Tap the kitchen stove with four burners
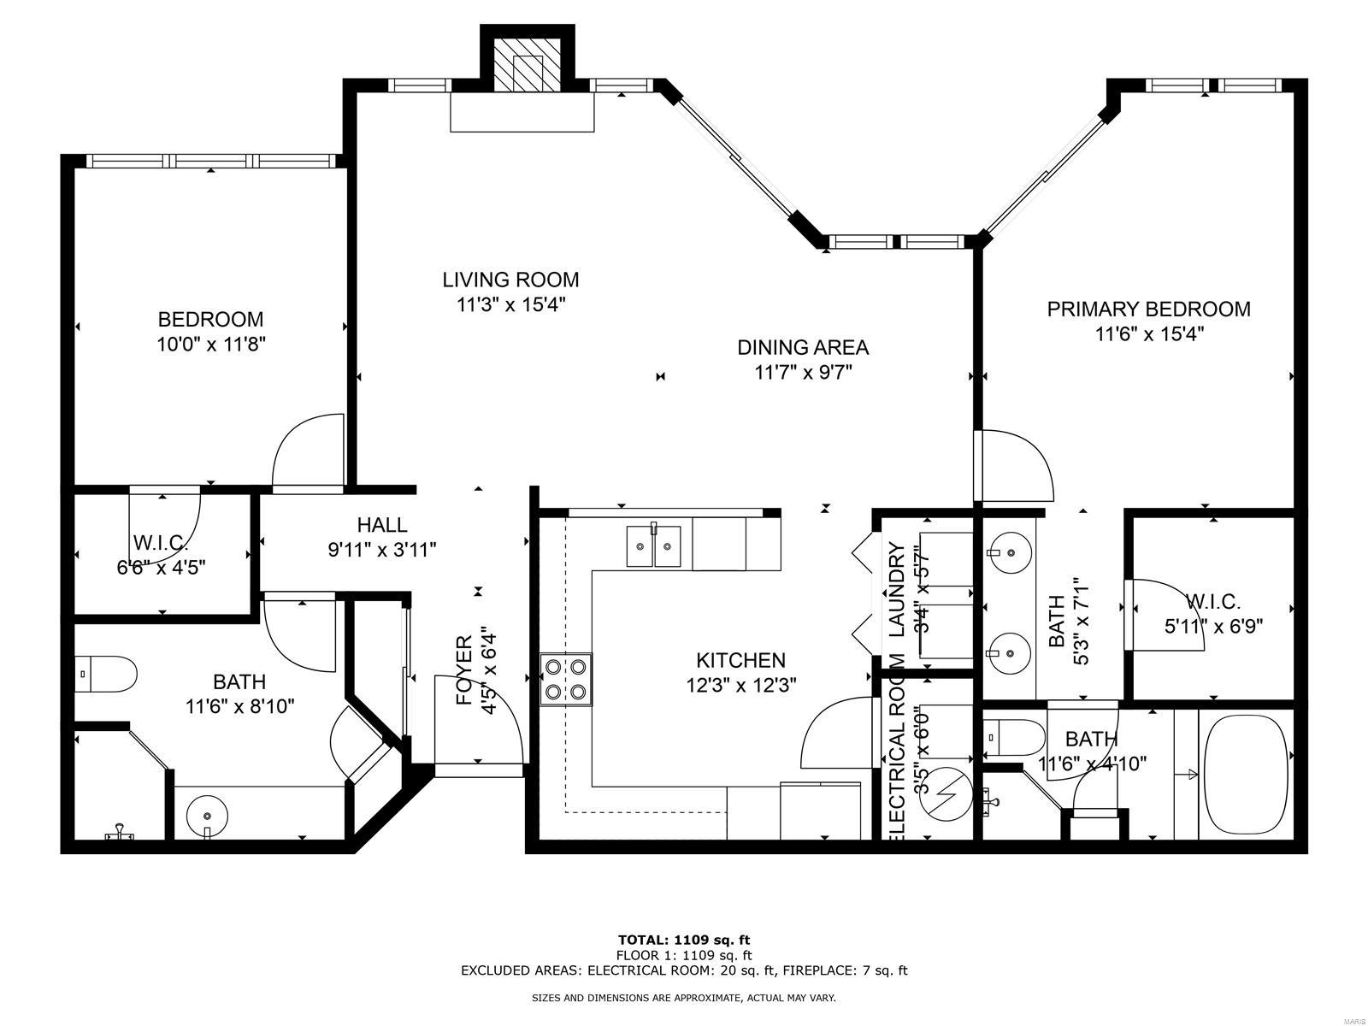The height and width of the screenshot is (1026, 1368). coord(566,680)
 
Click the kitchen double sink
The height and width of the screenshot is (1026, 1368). coord(654,546)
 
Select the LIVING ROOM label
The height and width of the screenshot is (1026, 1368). coord(510,280)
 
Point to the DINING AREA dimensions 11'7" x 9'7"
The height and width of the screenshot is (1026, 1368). coord(803,373)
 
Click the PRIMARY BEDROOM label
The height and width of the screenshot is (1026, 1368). coord(1148,309)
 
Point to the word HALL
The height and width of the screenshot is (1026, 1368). coord(382,525)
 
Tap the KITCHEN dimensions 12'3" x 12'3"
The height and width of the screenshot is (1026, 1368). coord(740,685)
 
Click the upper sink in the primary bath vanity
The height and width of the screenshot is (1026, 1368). coord(1010,552)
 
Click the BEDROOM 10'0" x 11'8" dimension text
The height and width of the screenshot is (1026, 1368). coord(210,345)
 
